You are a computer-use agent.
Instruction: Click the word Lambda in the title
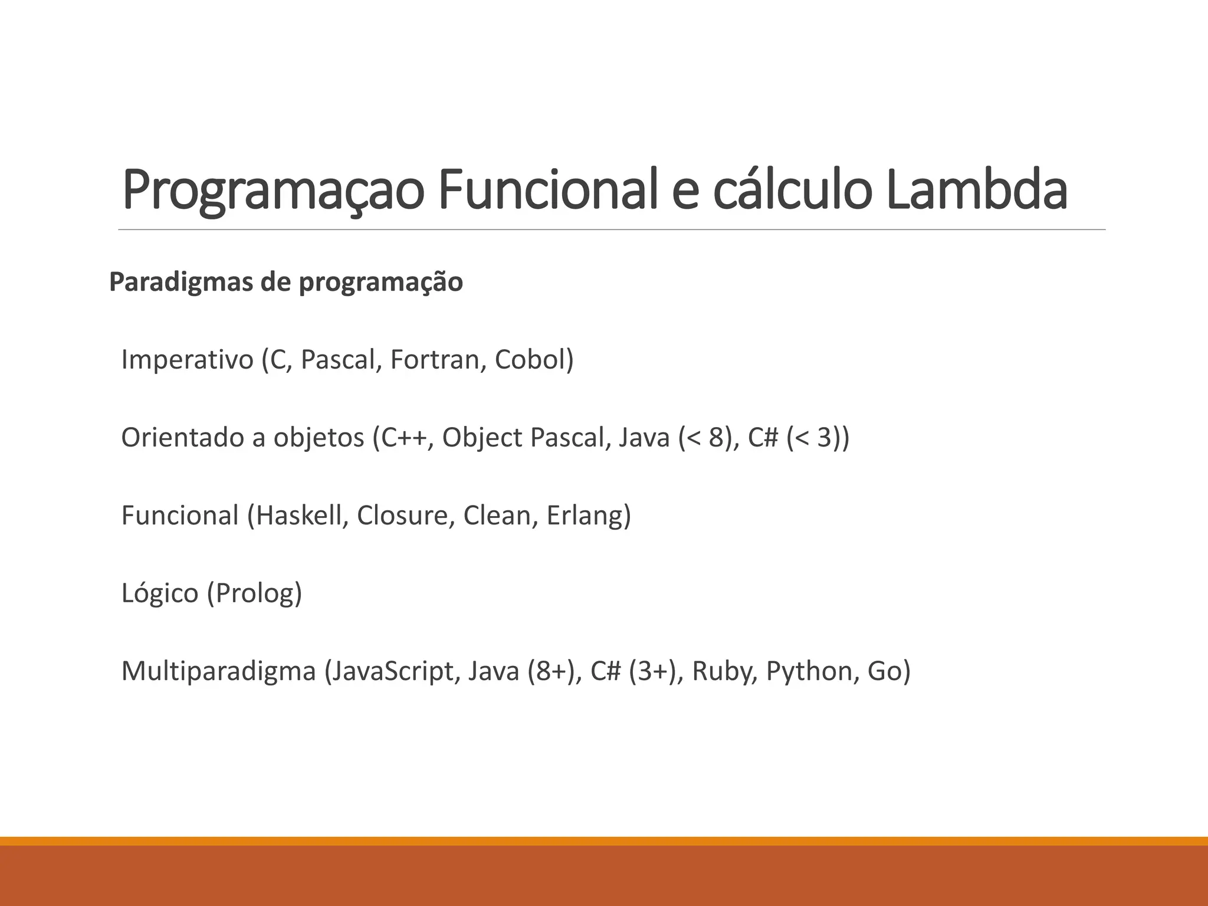tap(976, 190)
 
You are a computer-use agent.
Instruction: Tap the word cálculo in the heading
tap(792, 190)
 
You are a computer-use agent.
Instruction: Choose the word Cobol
tap(530, 360)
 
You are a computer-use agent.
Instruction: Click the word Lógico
tap(160, 593)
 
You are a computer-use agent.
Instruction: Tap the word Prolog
tap(254, 593)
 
